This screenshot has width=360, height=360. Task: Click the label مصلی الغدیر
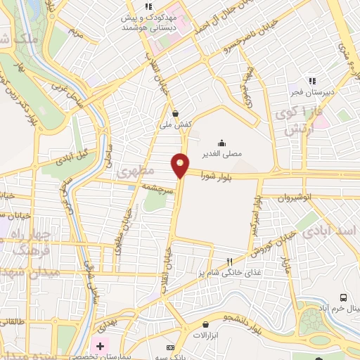click(x=231, y=153)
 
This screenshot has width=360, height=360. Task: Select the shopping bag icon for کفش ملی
click(x=174, y=113)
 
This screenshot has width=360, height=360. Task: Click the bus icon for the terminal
click(x=343, y=298)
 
